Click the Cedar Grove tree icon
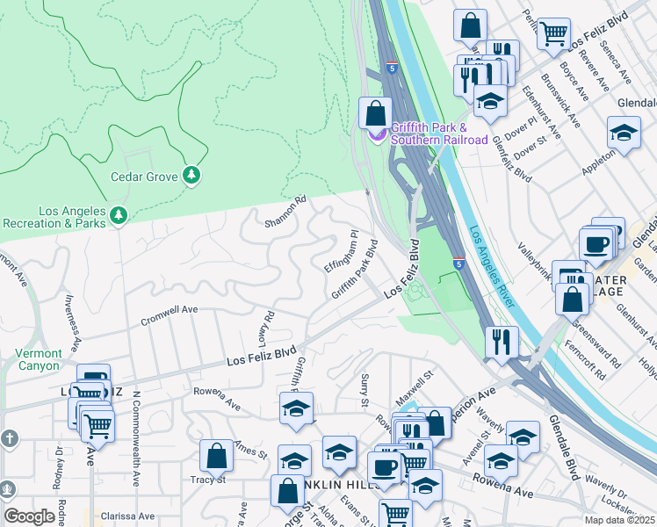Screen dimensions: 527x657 [x=191, y=176]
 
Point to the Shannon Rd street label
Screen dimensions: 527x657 [x=285, y=211]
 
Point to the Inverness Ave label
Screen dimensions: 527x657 [x=72, y=321]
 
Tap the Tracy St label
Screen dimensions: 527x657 [x=208, y=480]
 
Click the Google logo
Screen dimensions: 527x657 [x=29, y=516]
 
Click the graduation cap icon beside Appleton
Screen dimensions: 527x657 [x=624, y=134]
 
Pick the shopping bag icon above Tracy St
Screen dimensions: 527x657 [x=216, y=456]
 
